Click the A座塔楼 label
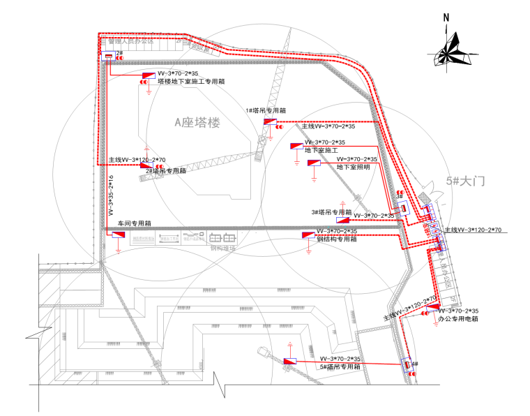pyautogui.click(x=197, y=123)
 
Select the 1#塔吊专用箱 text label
pyautogui.click(x=266, y=110)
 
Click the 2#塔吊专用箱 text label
pyautogui.click(x=165, y=171)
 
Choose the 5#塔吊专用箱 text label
pyautogui.click(x=340, y=366)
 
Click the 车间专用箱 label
pyautogui.click(x=134, y=223)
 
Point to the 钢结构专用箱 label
pyautogui.click(x=337, y=239)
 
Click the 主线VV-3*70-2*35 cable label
pyautogui.click(x=328, y=127)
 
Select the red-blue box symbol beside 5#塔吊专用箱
pyautogui.click(x=290, y=362)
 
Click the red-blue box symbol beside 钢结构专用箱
pyautogui.click(x=308, y=235)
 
